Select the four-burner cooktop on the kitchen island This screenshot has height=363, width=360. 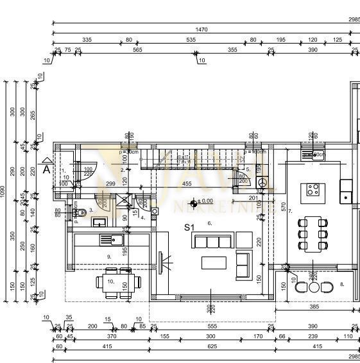click(313, 190)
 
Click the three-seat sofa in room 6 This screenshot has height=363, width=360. click(213, 241)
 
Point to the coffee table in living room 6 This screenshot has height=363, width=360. click(214, 263)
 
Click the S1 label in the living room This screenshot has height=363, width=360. click(189, 227)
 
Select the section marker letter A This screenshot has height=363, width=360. click(46, 170)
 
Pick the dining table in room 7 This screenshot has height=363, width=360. click(313, 235)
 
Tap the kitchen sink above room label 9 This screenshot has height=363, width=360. click(107, 239)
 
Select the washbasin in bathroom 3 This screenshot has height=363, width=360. click(99, 223)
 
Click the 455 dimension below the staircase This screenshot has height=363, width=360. click(187, 184)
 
